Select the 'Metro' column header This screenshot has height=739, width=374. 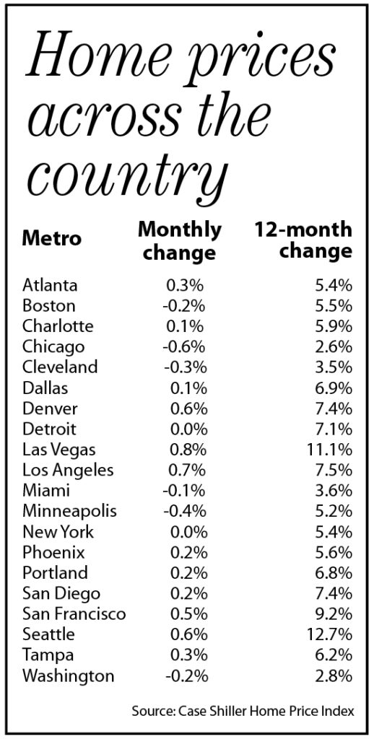(x=51, y=238)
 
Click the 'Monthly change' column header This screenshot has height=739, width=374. (x=179, y=241)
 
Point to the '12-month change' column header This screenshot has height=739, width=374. (x=303, y=240)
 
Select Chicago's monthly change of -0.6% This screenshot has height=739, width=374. (x=184, y=347)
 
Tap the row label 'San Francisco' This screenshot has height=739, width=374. (x=74, y=614)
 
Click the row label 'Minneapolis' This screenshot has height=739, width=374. (x=69, y=512)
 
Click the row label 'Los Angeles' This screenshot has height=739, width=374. (x=68, y=471)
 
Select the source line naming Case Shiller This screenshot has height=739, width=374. (x=243, y=710)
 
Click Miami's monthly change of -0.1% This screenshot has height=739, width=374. (x=184, y=491)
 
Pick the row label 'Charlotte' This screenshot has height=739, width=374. (x=58, y=326)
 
